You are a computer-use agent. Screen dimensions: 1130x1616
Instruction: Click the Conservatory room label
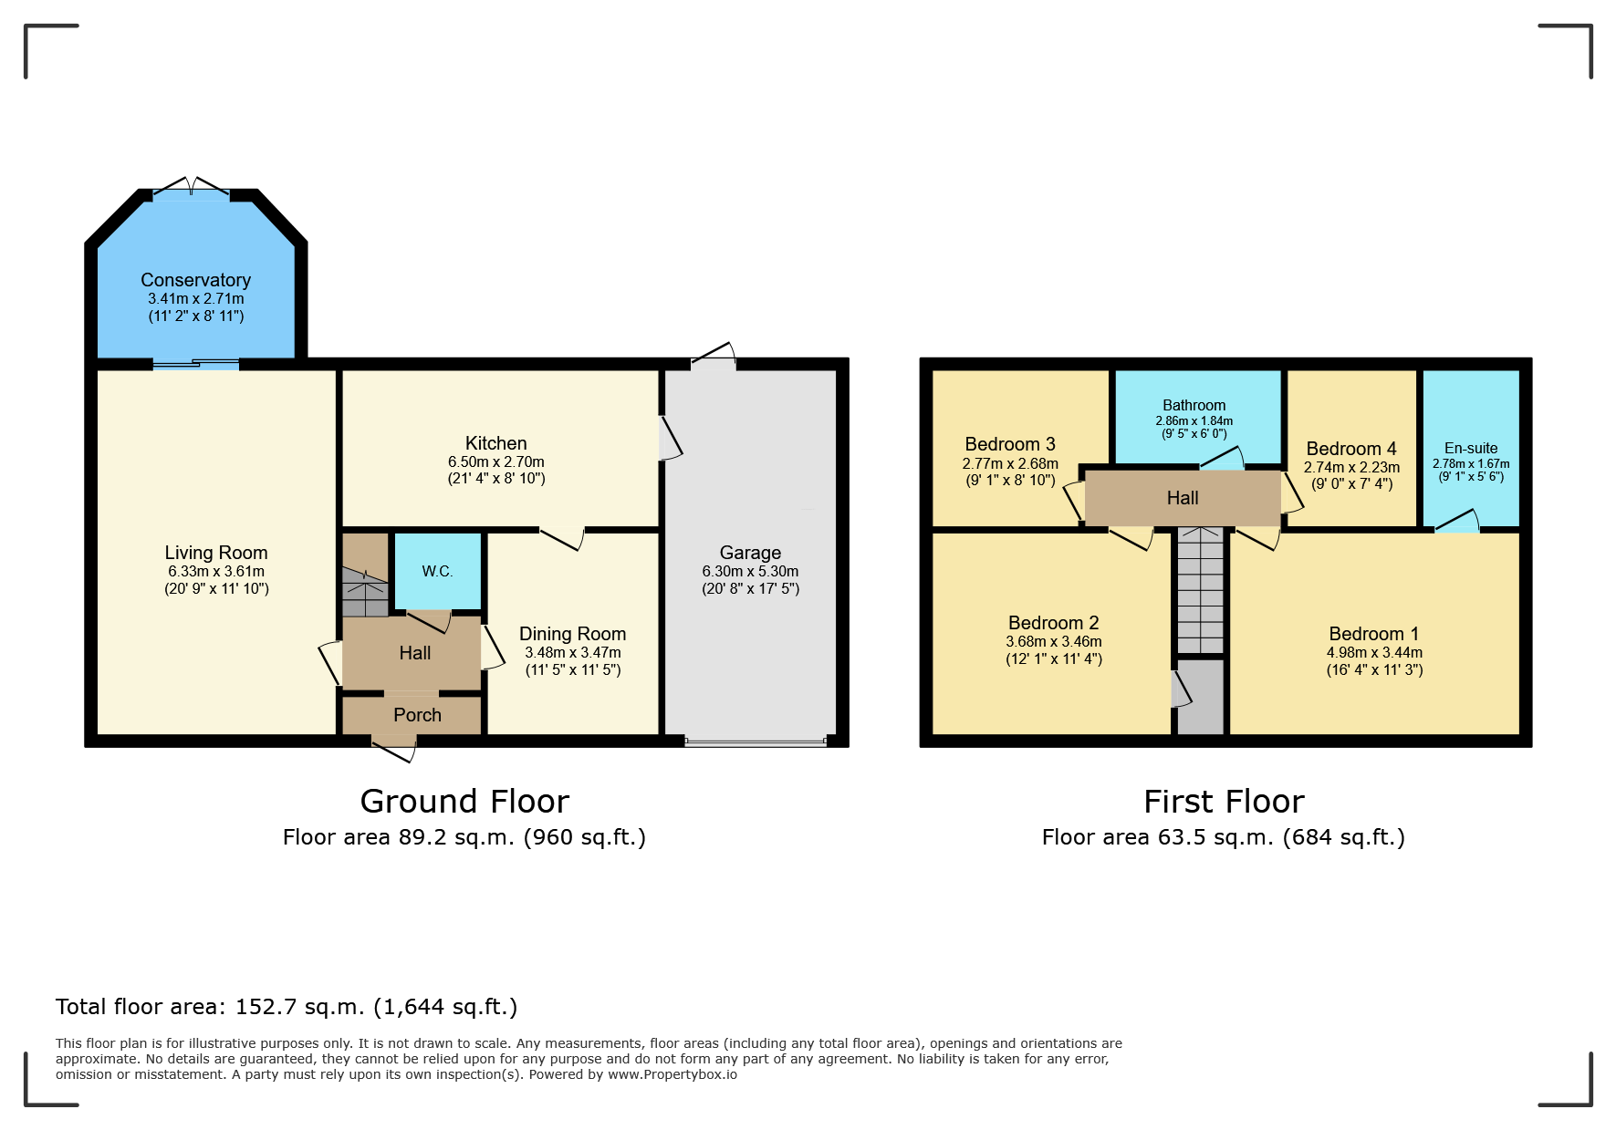(195, 280)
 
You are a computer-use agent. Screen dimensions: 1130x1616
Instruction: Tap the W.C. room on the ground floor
(437, 572)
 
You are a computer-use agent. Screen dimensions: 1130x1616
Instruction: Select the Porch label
(417, 715)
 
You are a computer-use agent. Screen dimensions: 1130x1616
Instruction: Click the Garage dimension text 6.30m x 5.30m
(750, 571)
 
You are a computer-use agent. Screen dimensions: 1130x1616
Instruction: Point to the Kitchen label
(495, 443)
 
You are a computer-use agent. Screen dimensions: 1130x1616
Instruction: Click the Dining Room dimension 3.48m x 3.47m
(572, 652)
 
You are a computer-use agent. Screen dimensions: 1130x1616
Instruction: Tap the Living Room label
(216, 553)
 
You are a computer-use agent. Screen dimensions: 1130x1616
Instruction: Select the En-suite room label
(1470, 448)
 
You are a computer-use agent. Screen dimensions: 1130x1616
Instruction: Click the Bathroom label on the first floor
(1194, 405)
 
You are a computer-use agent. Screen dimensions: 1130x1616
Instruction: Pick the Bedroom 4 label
(1350, 449)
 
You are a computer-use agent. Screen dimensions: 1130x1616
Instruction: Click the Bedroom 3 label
(1009, 444)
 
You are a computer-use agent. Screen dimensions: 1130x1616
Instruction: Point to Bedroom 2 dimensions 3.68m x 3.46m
(1053, 641)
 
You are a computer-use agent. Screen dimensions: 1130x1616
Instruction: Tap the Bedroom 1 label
(1373, 634)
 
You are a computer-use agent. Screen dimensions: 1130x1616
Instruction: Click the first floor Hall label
(1182, 498)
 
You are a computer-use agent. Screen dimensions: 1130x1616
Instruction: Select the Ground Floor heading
(464, 802)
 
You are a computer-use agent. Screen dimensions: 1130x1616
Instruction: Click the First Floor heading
(1224, 802)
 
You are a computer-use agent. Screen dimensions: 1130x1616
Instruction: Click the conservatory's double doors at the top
(192, 189)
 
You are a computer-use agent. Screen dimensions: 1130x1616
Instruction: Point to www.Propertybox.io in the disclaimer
(672, 1075)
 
